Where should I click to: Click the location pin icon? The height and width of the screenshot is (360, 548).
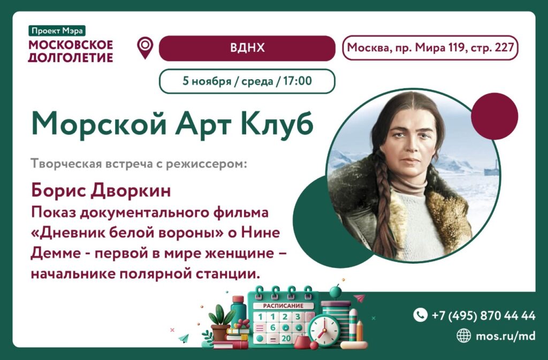pyautogui.click(x=145, y=48)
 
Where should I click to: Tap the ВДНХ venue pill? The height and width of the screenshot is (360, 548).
pyautogui.click(x=247, y=48)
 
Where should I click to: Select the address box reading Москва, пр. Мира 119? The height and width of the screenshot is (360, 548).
pyautogui.click(x=430, y=48)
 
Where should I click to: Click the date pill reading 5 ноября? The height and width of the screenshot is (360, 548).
pyautogui.click(x=247, y=81)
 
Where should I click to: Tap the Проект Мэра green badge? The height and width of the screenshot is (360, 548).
pyautogui.click(x=57, y=30)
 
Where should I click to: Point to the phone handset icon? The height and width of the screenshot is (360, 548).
pyautogui.click(x=421, y=315)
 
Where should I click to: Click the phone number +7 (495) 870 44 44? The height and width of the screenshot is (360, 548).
pyautogui.click(x=483, y=316)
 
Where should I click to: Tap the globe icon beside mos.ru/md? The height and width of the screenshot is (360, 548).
pyautogui.click(x=463, y=335)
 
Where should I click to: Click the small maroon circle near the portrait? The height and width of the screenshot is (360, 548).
pyautogui.click(x=494, y=116)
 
